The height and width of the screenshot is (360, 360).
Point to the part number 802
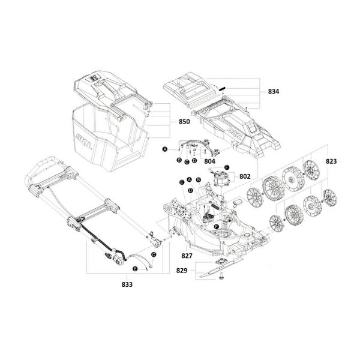click(245, 176)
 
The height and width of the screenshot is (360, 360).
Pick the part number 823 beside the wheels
click(331, 161)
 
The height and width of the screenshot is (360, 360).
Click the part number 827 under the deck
click(187, 256)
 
